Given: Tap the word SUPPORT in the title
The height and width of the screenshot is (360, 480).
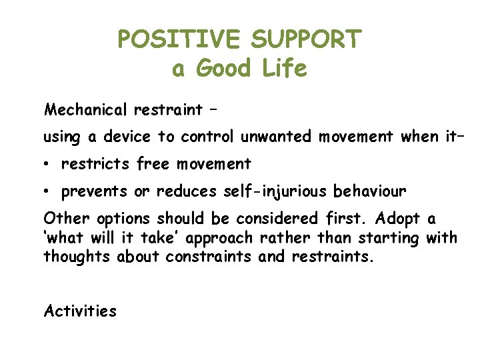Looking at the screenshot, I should (305, 39).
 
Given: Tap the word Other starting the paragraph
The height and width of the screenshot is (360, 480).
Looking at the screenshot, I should (67, 219).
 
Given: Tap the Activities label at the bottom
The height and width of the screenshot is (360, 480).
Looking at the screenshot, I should (79, 311).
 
